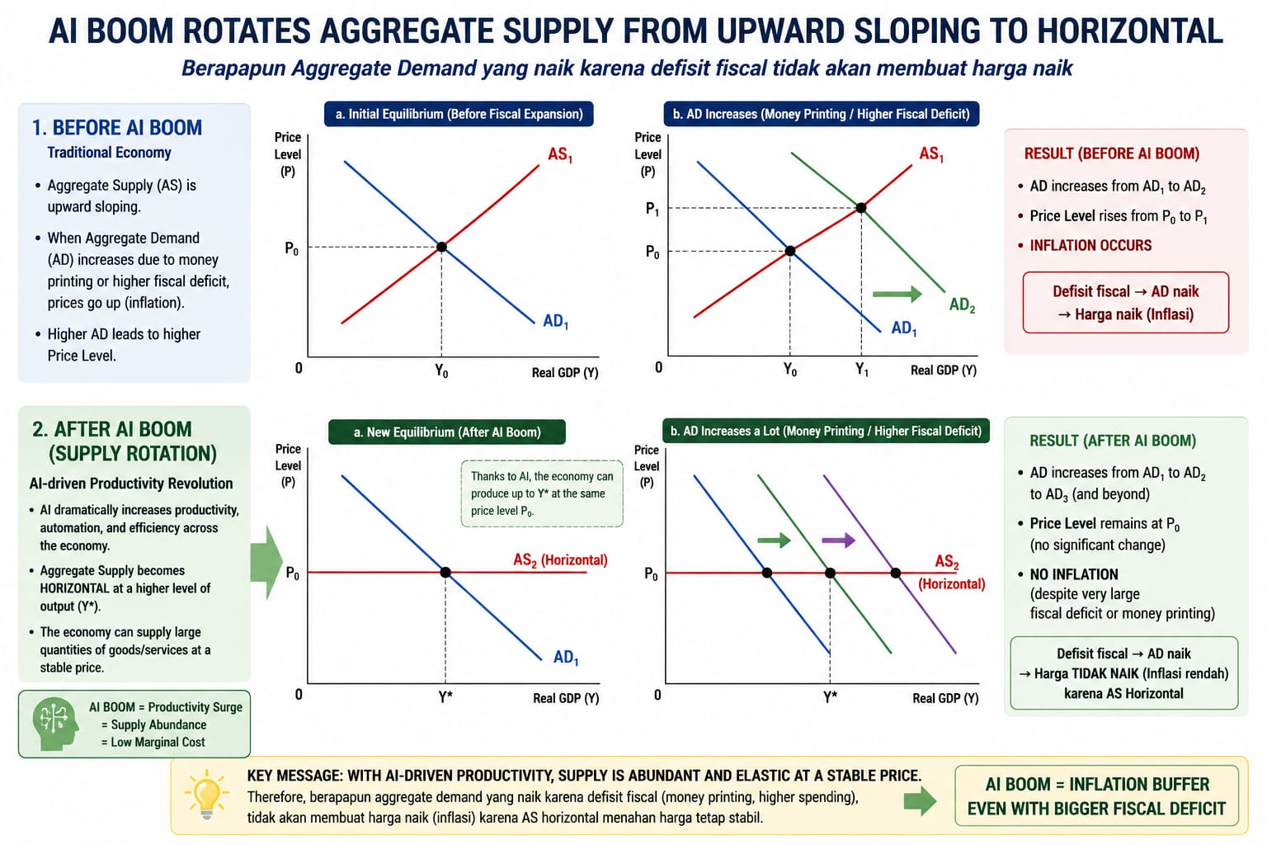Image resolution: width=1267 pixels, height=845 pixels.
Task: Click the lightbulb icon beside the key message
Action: coord(206,795)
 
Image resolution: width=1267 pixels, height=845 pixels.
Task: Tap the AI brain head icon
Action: coord(55,724)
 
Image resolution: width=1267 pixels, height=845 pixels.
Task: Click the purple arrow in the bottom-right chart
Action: coord(838,540)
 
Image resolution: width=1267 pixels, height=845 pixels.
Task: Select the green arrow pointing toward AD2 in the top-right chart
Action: coord(897,294)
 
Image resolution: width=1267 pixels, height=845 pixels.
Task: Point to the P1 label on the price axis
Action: coord(652,210)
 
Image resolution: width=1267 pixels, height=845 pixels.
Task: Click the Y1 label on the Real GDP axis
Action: coord(861,371)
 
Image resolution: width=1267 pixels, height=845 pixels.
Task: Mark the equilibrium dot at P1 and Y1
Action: coord(861,208)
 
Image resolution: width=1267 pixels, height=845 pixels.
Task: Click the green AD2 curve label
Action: coord(962,305)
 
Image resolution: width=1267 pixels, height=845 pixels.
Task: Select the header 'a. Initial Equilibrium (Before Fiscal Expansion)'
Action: coord(459,114)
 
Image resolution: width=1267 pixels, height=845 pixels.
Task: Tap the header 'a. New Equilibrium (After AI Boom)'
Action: coord(447,432)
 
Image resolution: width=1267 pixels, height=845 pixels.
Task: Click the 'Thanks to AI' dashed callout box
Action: coord(542,493)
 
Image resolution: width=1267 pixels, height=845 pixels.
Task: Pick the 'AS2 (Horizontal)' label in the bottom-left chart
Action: coord(560,560)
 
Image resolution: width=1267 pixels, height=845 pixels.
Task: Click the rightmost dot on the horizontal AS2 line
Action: coord(895,573)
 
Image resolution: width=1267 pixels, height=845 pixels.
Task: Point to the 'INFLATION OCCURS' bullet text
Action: coord(1090,245)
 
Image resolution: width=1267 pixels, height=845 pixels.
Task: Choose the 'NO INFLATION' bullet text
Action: coord(1073,574)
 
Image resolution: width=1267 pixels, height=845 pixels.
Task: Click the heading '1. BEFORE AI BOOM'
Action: coord(116,128)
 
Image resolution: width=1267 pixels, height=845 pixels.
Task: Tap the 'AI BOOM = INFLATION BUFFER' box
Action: coord(1096,795)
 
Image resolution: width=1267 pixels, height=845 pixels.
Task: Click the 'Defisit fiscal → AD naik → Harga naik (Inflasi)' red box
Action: coord(1126,302)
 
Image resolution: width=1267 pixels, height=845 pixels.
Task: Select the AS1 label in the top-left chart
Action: coord(560,154)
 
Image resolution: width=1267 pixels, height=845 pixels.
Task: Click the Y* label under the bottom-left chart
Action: coord(445,696)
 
